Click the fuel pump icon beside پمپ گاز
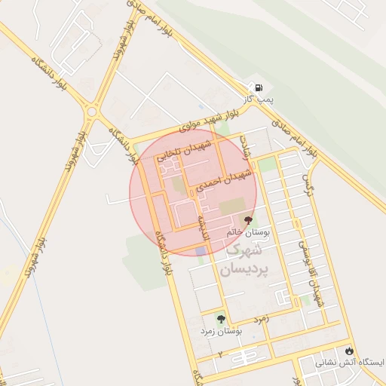260,87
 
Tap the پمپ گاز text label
256,99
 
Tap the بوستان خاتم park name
248,233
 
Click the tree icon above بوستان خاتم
250,220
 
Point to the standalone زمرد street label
261,319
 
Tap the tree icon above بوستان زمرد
221,319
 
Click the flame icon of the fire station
348,351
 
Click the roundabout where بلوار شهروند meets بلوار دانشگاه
92,112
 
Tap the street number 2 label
220,353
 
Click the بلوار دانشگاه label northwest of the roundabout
50,74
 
